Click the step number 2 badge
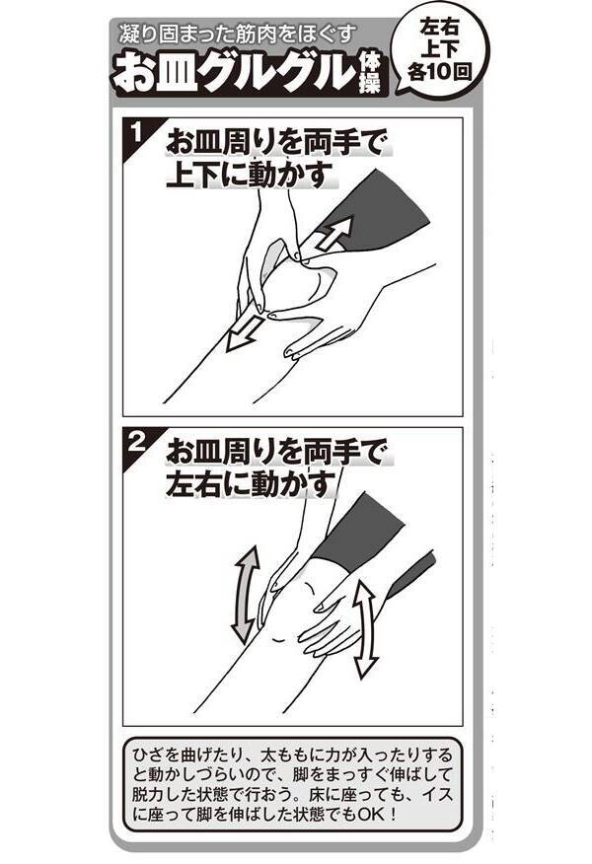(x=135, y=443)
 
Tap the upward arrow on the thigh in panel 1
(x=335, y=233)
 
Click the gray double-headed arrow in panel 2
(x=247, y=595)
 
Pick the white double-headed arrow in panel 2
(x=365, y=628)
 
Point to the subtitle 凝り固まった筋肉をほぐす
(x=236, y=35)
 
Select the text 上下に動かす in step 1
(x=251, y=175)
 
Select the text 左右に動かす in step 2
(x=251, y=484)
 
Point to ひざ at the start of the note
(x=149, y=755)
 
